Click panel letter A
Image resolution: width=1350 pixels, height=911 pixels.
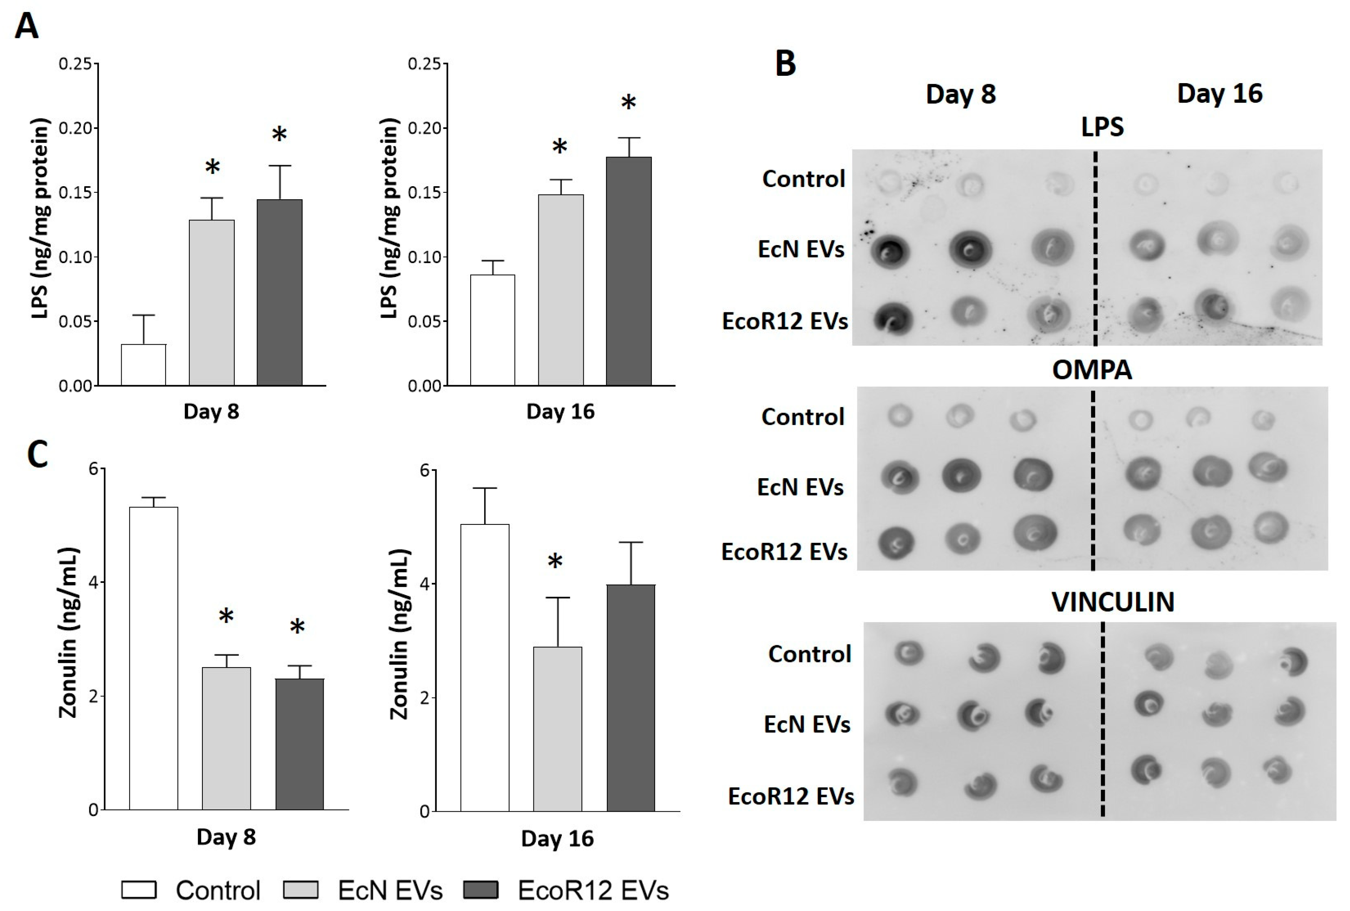click(x=27, y=26)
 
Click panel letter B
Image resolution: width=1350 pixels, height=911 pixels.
click(x=785, y=63)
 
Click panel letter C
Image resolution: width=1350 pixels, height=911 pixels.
click(x=38, y=455)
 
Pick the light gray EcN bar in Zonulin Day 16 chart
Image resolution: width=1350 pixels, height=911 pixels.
click(x=557, y=728)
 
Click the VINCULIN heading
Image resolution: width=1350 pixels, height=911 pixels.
click(x=1113, y=602)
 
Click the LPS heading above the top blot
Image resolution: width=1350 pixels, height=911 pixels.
click(x=1102, y=127)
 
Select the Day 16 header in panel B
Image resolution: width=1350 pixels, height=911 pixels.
click(x=1219, y=93)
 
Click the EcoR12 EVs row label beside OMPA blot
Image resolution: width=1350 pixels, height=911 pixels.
click(x=784, y=552)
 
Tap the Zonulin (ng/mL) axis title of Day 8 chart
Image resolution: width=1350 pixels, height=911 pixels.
click(x=69, y=633)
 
